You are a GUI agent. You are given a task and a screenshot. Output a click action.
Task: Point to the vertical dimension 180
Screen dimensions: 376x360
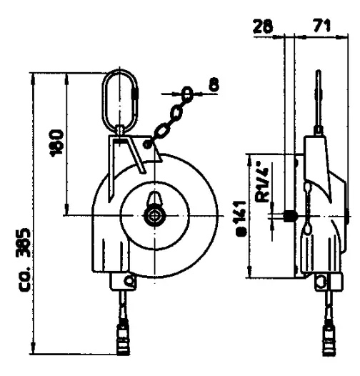point(60,143)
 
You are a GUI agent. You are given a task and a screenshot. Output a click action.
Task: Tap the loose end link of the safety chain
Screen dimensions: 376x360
point(186,93)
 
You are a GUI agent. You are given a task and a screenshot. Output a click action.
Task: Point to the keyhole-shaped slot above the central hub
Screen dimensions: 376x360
point(154,199)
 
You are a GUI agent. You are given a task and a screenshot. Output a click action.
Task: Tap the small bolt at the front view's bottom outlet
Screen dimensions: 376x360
point(128,279)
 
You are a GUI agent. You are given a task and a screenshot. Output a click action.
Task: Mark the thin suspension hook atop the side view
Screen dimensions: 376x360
point(318,93)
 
